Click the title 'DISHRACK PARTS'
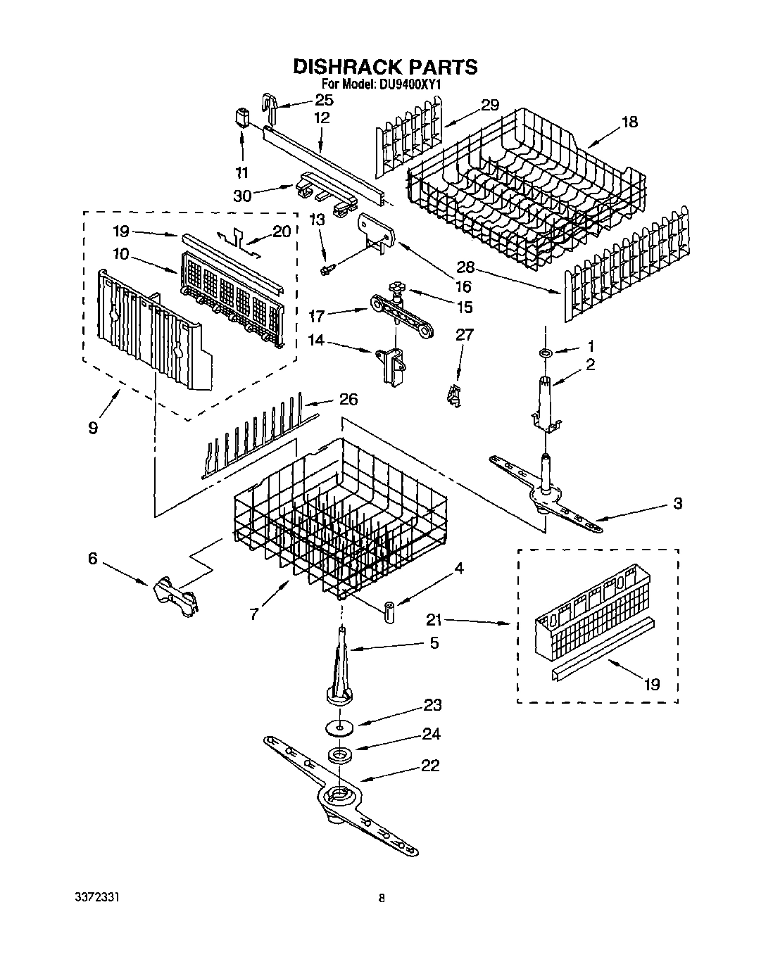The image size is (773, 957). (385, 67)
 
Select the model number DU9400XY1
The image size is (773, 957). (411, 84)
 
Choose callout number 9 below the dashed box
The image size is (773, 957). (93, 427)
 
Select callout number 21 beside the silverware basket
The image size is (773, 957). (434, 620)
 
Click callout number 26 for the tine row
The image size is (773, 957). (348, 400)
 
